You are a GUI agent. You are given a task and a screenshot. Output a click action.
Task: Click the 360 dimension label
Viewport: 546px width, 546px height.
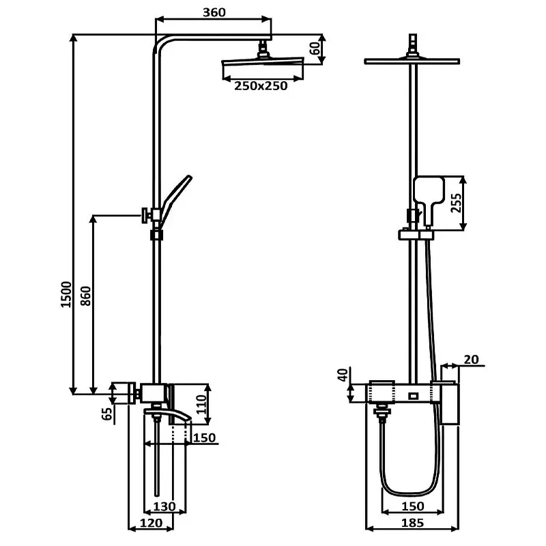click(x=214, y=12)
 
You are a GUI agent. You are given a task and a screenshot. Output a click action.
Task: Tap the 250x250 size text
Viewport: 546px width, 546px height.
click(x=261, y=86)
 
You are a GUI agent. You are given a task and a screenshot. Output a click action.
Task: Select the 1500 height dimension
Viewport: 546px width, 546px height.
click(x=66, y=294)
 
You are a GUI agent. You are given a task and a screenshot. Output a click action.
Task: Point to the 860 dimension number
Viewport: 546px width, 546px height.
click(x=86, y=296)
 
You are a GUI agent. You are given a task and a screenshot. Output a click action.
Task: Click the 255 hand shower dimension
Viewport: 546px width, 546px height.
click(x=456, y=203)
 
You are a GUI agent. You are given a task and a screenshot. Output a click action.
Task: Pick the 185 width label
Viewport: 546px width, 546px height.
click(x=413, y=523)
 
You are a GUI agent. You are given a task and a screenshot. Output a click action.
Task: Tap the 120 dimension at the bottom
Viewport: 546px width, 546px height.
click(x=151, y=523)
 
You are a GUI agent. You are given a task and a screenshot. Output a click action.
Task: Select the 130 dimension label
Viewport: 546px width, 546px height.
click(x=164, y=506)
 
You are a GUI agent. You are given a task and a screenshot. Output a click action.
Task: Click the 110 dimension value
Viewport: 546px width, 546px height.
click(x=201, y=404)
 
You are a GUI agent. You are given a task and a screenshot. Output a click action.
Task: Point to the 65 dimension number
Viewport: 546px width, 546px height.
click(x=108, y=414)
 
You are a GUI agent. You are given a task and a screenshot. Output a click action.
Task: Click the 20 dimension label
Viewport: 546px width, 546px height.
click(x=471, y=360)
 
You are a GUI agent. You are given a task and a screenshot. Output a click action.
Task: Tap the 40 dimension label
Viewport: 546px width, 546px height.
click(x=343, y=375)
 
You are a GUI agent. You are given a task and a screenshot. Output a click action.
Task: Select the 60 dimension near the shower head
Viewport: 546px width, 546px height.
click(x=315, y=48)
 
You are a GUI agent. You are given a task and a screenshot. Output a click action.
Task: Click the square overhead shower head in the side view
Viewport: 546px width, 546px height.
click(x=263, y=63)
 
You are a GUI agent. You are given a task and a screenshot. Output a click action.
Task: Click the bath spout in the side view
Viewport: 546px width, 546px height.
click(x=168, y=414)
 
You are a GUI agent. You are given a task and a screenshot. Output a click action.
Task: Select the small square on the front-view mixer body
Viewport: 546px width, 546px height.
click(x=414, y=396)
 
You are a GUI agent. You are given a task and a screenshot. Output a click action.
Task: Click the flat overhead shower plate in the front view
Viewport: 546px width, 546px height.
click(x=412, y=61)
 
